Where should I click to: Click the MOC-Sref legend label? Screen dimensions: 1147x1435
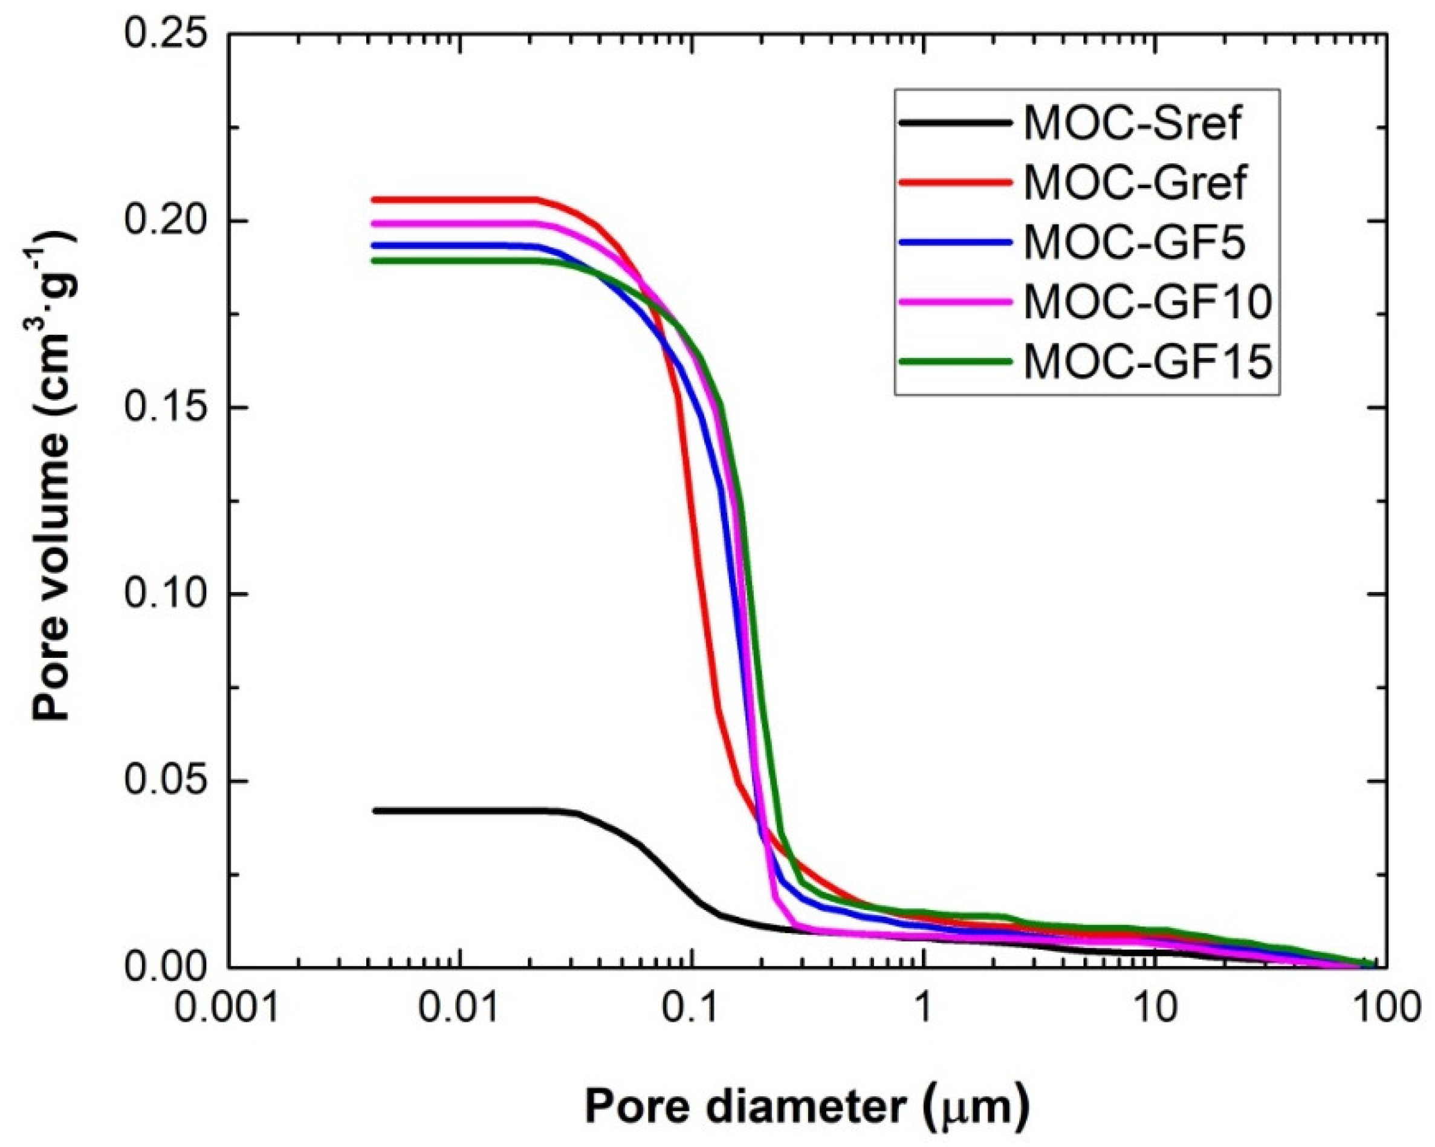pyautogui.click(x=1132, y=123)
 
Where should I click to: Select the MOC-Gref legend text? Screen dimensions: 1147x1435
pyautogui.click(x=1134, y=183)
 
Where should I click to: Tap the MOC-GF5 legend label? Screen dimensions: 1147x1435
pyautogui.click(x=1134, y=242)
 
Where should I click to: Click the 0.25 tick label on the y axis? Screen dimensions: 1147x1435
pyautogui.click(x=167, y=34)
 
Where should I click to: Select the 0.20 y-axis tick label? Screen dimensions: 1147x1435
pyautogui.click(x=167, y=221)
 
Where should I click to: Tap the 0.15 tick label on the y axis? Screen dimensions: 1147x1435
pyautogui.click(x=167, y=408)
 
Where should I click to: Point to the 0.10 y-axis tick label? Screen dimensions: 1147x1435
pyautogui.click(x=167, y=594)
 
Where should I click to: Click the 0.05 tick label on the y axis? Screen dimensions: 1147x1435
pyautogui.click(x=167, y=780)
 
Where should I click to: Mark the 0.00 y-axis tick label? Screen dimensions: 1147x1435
pyautogui.click(x=167, y=967)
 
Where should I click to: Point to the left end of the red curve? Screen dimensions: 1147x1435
pyautogui.click(x=374, y=200)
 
